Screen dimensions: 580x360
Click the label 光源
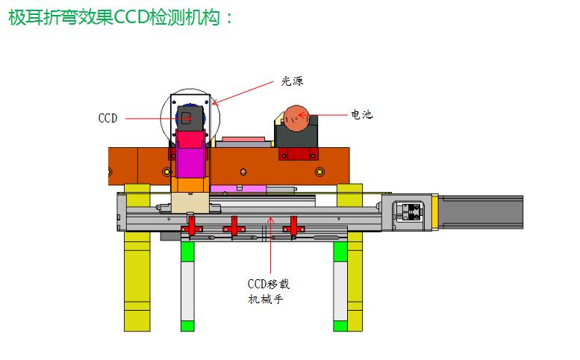point(292,81)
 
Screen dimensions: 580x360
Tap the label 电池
point(361,114)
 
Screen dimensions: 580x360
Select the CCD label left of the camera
point(108,118)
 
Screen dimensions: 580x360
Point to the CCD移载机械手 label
point(268,291)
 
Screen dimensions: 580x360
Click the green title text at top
point(121,17)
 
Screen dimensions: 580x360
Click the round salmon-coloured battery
point(296,119)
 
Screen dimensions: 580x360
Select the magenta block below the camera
point(190,163)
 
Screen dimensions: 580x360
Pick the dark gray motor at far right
point(481,212)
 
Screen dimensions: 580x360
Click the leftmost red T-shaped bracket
point(191,226)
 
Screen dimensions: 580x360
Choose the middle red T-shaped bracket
point(234,226)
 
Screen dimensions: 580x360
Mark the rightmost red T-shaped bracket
point(293,226)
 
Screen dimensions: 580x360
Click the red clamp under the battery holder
point(299,154)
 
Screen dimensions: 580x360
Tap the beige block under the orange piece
point(190,202)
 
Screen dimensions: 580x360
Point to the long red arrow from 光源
point(243,93)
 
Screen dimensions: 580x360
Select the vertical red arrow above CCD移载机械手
point(271,245)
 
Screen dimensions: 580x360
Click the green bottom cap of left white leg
point(187,326)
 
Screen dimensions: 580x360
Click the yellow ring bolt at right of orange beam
point(320,172)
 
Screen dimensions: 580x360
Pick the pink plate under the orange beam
point(238,189)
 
